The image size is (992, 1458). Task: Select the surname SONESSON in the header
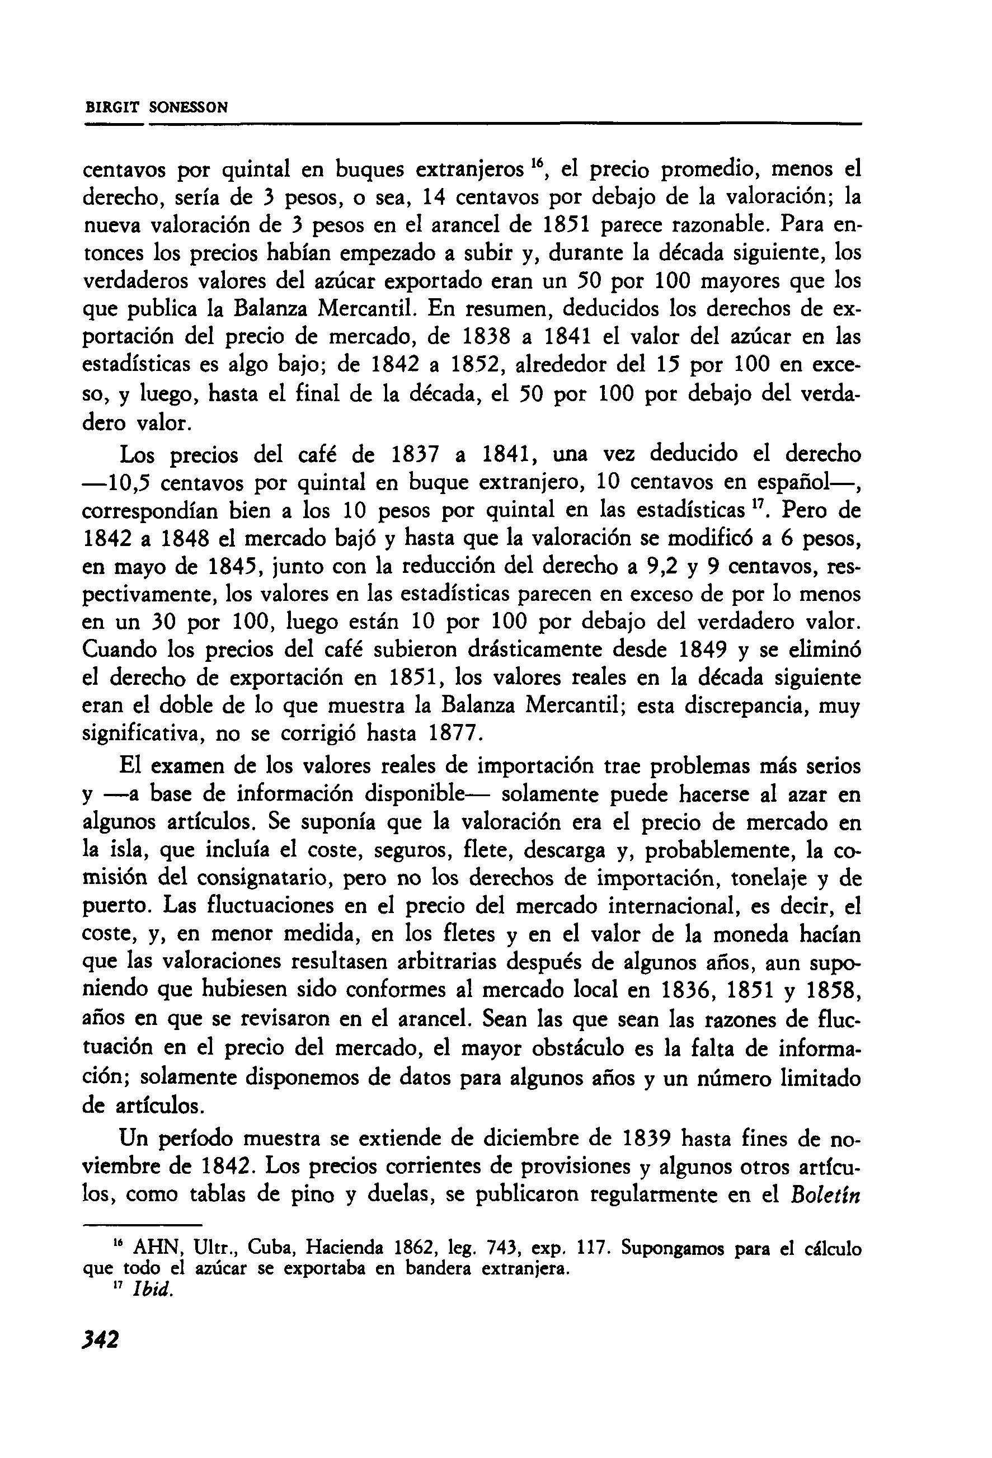(x=188, y=107)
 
